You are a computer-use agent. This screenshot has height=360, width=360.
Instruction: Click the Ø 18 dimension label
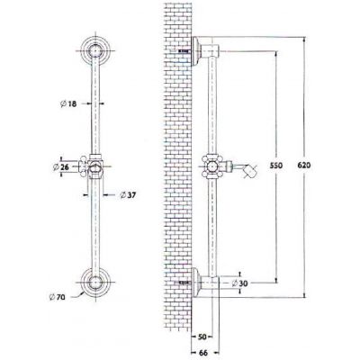[x=68, y=103]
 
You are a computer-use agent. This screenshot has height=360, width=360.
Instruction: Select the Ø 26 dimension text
[x=61, y=166]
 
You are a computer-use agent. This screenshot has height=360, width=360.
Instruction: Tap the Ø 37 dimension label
[x=128, y=195]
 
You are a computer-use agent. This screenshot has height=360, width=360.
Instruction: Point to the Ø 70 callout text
[x=57, y=297]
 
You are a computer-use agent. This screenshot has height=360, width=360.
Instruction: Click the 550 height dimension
[x=276, y=165]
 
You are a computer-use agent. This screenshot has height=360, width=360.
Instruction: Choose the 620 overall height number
[x=304, y=165]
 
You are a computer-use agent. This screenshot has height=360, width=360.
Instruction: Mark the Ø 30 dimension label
[x=240, y=283]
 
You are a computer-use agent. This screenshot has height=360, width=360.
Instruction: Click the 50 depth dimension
[x=202, y=337]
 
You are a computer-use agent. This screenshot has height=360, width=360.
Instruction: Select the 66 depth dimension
[x=203, y=353]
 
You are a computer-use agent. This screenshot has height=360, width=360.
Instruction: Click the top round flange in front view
[x=95, y=50]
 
